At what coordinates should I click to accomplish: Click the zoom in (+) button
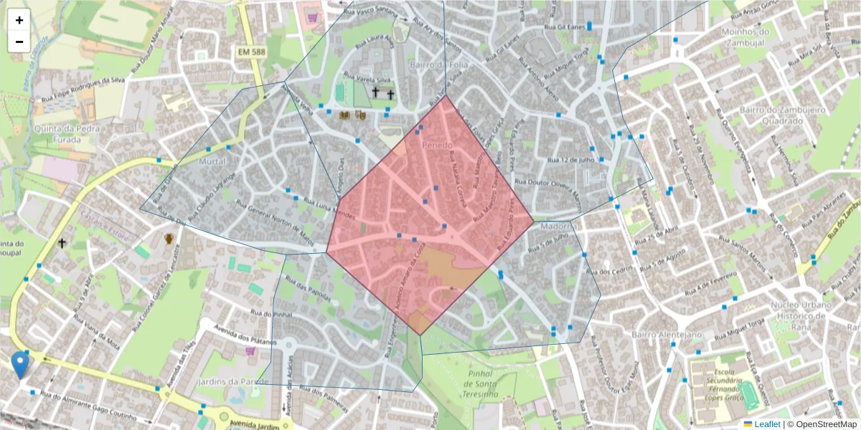coord(19,21)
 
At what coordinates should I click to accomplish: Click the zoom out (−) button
coord(19,42)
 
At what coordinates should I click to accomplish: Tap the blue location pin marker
coord(21,364)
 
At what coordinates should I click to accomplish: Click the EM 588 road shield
coord(253,52)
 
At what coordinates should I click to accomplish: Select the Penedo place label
coord(438,145)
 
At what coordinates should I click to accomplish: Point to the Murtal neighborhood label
coord(212,163)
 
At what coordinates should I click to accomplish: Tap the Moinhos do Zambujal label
coord(745,37)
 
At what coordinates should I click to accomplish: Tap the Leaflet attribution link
coord(767,424)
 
